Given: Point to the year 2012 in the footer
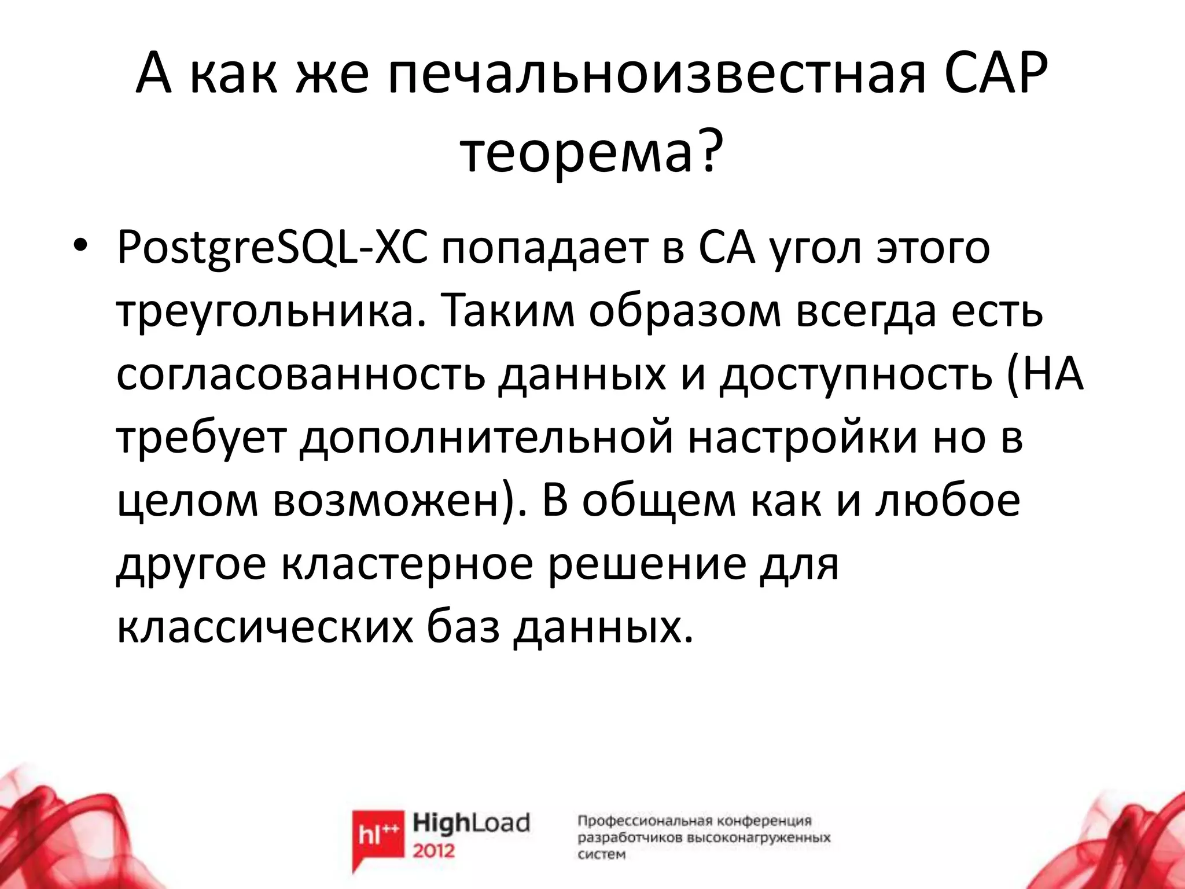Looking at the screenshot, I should pos(434,851).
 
